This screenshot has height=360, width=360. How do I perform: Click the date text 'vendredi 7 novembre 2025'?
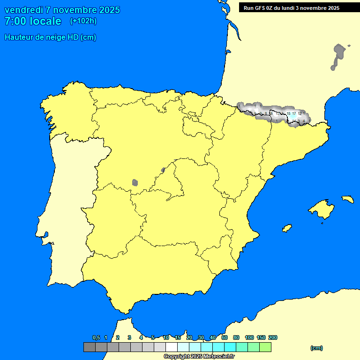pos(62,10)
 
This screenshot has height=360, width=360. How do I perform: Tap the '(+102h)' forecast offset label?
pos(83,21)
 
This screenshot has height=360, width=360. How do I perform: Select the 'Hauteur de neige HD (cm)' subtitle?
pos(50,37)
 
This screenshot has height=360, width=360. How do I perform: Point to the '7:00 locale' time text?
pos(33,21)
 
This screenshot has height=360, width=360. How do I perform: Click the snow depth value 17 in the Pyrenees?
pos(294,113)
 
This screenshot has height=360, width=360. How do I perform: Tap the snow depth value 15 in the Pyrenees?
pos(288,113)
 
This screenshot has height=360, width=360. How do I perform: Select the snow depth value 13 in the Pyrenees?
pos(277,113)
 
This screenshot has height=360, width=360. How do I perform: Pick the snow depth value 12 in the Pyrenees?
pos(300,113)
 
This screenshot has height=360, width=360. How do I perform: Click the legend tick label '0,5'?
pos(96,337)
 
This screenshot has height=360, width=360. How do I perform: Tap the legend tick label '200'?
pos(272,337)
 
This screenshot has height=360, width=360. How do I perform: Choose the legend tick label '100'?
pos(249,337)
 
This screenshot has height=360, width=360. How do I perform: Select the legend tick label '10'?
pos(166,337)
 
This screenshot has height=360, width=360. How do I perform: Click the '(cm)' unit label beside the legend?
pos(316,348)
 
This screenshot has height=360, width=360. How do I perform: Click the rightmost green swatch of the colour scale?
pos(265,347)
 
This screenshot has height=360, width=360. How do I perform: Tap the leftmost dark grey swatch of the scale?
pos(89,347)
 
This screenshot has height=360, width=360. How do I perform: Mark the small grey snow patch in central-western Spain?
pos(135,182)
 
